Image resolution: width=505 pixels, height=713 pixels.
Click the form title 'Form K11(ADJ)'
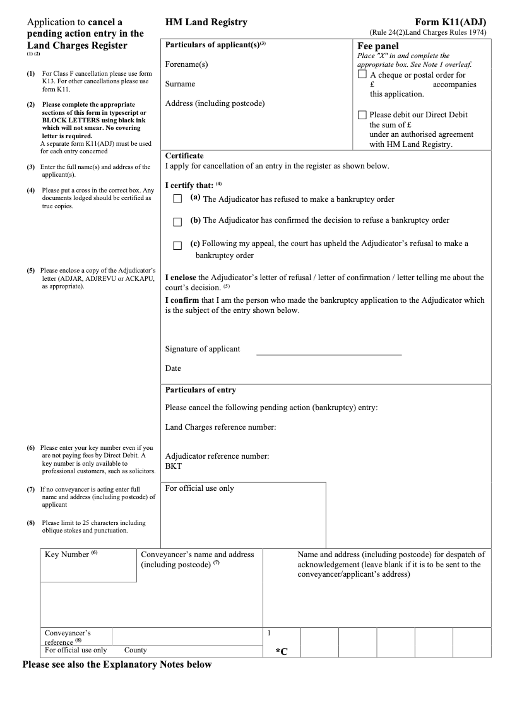point(451,22)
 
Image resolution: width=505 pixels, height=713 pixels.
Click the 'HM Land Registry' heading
point(206,22)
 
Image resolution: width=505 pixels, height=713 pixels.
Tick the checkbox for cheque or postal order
point(362,74)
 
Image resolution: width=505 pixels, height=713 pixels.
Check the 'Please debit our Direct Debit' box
point(362,115)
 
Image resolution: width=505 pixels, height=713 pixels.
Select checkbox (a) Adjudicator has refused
point(177,199)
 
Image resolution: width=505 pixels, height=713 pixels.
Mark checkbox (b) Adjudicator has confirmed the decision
point(177,221)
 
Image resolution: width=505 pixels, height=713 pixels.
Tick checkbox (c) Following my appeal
point(177,245)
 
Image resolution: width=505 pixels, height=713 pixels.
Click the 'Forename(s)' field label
point(186,64)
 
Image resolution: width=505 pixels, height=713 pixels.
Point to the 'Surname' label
point(180,84)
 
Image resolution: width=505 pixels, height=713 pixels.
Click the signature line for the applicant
point(328,353)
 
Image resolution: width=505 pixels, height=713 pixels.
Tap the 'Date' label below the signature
point(173,368)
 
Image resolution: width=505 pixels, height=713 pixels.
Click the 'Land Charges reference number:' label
point(220,427)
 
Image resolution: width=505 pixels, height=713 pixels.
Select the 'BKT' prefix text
point(173,466)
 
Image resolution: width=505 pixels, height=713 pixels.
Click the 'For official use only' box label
point(199,488)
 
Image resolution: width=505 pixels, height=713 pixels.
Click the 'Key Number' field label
point(68,555)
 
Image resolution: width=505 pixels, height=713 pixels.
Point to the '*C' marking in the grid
point(282,651)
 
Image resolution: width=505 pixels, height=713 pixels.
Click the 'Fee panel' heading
point(377,46)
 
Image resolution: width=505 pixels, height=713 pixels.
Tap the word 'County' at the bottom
point(135,650)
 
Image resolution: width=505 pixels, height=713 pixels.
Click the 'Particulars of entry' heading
point(200,390)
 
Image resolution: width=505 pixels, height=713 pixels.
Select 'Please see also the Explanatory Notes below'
point(117,664)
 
